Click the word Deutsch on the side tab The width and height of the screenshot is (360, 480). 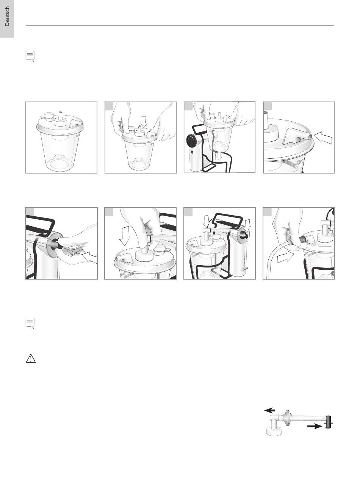[7, 16]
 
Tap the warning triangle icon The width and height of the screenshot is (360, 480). [31, 358]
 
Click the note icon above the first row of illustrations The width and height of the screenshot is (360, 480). [30, 56]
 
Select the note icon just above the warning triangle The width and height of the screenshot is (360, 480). [30, 323]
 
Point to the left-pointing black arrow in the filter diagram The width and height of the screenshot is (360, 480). [269, 410]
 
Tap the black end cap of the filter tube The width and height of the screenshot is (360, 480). [329, 422]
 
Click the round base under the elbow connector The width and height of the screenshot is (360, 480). [274, 431]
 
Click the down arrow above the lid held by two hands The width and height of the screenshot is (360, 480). [144, 122]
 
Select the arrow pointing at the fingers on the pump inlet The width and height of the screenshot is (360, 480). [90, 257]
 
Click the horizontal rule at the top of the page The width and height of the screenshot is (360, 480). [180, 26]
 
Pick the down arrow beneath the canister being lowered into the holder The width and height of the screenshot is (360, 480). [220, 156]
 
